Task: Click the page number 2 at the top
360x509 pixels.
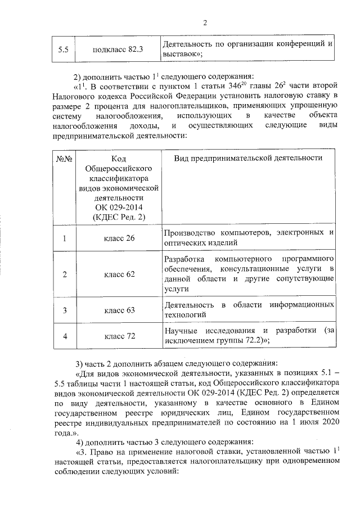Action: (x=205, y=23)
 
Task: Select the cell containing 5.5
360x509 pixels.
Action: (x=64, y=49)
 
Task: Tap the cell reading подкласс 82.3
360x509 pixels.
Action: (x=119, y=49)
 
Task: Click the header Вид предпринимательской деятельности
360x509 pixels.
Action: (x=248, y=158)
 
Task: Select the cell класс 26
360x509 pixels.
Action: (x=119, y=238)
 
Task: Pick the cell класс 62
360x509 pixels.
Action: (x=119, y=274)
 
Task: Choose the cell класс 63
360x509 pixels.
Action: (x=119, y=310)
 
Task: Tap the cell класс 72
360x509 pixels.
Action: (x=119, y=336)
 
